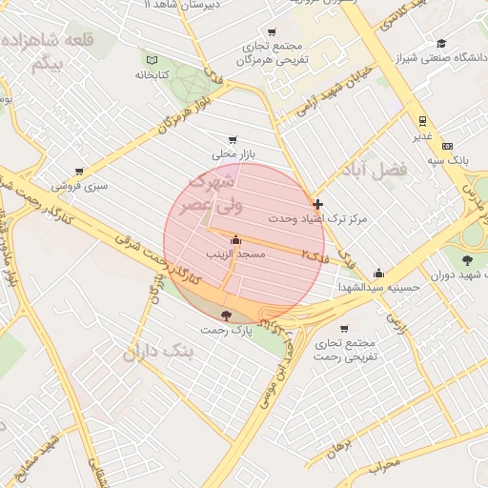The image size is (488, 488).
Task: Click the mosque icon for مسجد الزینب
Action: coord(235,240)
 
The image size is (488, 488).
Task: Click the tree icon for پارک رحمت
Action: coord(225,316)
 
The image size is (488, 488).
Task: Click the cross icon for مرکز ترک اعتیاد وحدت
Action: coord(317,204)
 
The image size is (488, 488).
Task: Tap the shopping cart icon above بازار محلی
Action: coord(234,139)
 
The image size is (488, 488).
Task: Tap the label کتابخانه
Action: coord(152,73)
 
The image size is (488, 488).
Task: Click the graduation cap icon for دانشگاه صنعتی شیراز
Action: coord(441,43)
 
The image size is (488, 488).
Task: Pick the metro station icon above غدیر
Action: coord(421,121)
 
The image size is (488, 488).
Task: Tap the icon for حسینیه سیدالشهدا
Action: coord(379,273)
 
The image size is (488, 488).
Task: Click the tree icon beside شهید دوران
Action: coord(467,260)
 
